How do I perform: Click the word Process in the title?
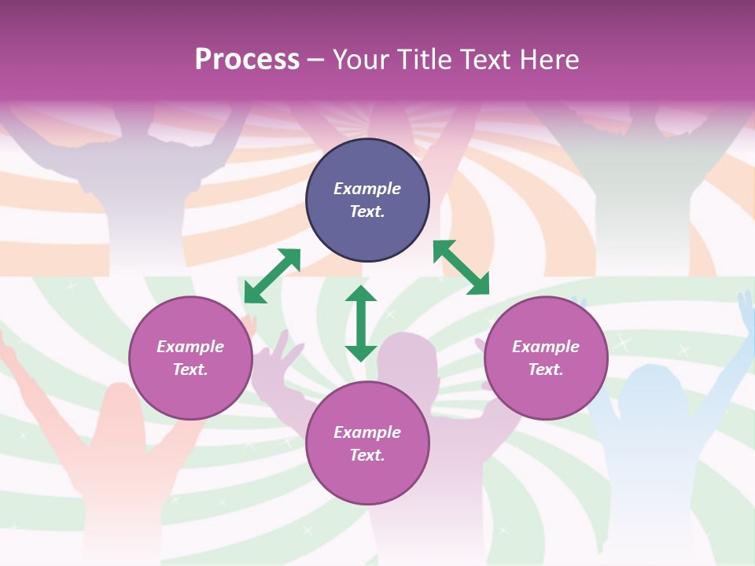click(247, 60)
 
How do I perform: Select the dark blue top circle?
click(367, 200)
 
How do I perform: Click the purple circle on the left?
click(190, 358)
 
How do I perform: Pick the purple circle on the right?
click(546, 358)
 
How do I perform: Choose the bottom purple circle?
click(367, 443)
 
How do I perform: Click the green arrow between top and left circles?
click(272, 275)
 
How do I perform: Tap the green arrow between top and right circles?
click(462, 267)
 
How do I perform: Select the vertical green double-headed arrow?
click(361, 323)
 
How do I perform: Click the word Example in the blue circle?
click(367, 189)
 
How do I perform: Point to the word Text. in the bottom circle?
click(367, 455)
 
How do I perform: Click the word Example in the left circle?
click(190, 347)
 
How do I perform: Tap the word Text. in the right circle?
click(546, 369)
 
